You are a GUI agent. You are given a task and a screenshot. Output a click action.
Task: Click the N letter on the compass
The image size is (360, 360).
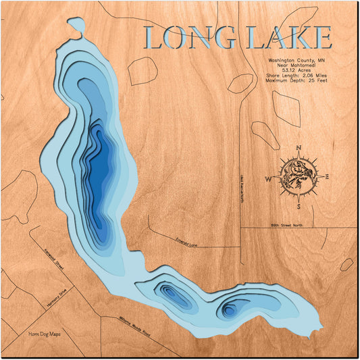tap(299, 148)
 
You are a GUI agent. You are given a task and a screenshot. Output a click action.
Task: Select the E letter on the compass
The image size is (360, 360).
tap(327, 177)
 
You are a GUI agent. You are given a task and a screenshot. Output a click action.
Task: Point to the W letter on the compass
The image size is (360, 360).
tap(268, 179)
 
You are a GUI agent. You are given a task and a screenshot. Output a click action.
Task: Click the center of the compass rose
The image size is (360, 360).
tap(297, 177)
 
